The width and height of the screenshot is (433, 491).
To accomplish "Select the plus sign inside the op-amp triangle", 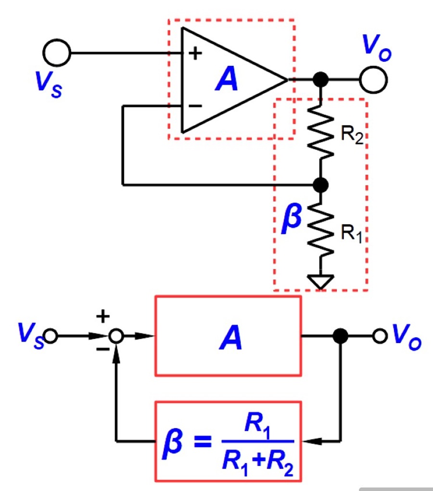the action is [x=195, y=53].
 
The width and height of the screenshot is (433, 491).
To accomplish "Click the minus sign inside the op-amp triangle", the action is [x=195, y=106].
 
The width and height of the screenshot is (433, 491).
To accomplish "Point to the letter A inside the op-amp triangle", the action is [x=227, y=79].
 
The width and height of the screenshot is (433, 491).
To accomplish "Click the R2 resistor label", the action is [x=352, y=135].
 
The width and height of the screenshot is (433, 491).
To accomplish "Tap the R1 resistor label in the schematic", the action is [x=351, y=234].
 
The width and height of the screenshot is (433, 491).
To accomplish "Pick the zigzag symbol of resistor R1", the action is [x=320, y=230].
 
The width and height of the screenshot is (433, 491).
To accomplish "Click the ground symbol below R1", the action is [x=320, y=282].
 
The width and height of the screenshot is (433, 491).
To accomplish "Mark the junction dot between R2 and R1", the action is [x=320, y=185].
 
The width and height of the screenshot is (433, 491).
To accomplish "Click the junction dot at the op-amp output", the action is [x=320, y=79].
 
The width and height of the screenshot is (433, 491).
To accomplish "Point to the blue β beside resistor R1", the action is [x=292, y=218].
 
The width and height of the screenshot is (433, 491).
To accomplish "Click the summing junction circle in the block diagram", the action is [x=116, y=336].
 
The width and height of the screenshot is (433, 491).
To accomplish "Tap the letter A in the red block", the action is [x=230, y=337].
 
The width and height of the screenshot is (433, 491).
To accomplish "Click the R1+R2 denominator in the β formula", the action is [x=258, y=463].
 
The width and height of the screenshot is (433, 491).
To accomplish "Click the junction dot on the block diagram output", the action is [x=341, y=336].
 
